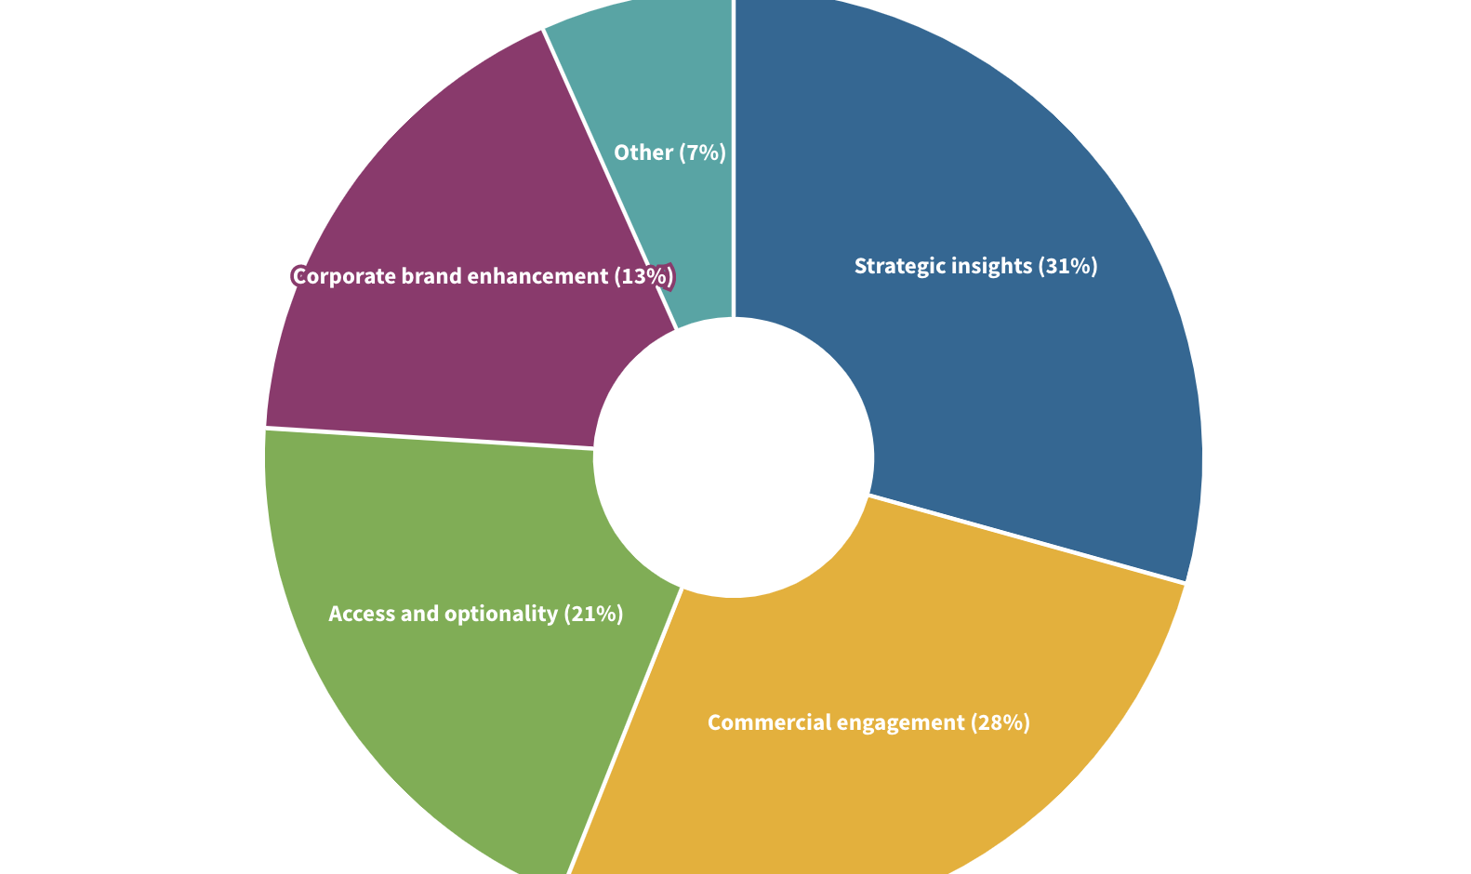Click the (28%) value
point(1001,722)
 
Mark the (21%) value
point(594,614)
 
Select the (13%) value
point(643,276)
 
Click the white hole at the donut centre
point(735,457)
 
